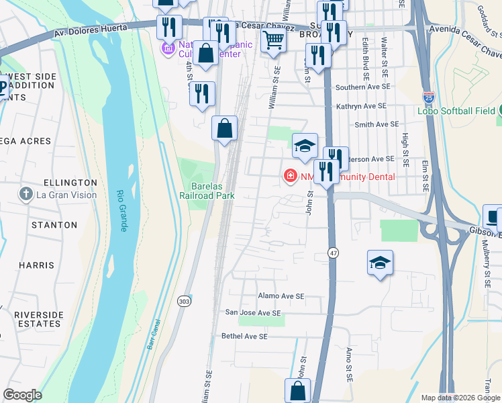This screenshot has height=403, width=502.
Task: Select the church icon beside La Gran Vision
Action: [x=26, y=195]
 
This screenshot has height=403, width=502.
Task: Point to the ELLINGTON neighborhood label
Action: [x=70, y=183]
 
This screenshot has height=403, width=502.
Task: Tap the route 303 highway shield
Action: [x=184, y=302]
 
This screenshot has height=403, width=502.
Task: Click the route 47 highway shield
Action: [x=333, y=253]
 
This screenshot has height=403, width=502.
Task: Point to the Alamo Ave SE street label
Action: [x=281, y=296]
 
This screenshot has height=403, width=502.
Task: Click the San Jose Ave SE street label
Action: [x=252, y=312]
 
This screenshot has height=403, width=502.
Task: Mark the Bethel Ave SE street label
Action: [x=245, y=336]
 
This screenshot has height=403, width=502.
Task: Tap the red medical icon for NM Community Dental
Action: [x=291, y=176]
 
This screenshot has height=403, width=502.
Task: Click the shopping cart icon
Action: [x=273, y=41]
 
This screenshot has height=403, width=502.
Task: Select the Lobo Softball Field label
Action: [x=463, y=110]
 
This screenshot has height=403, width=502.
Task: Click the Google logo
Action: [x=22, y=395]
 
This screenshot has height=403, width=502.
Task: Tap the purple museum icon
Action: [x=167, y=49]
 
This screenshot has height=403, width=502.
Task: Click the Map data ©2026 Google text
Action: [x=460, y=398]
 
